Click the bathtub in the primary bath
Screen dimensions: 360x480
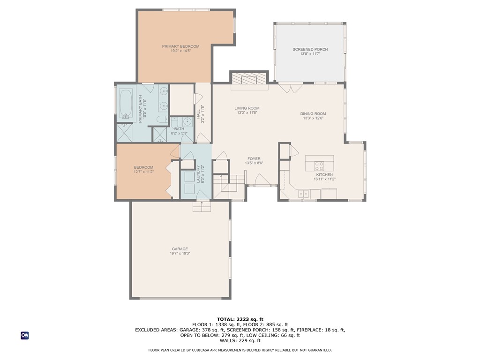coord(125,103)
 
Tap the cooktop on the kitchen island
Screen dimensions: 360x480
coord(319,165)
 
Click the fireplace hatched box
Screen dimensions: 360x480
coord(248,78)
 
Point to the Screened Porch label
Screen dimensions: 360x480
coord(310,49)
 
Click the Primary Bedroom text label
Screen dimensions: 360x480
coord(180,46)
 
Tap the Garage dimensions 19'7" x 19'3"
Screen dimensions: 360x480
coord(179,254)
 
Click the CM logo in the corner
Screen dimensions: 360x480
coord(24,335)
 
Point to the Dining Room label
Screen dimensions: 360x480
coord(313,113)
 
